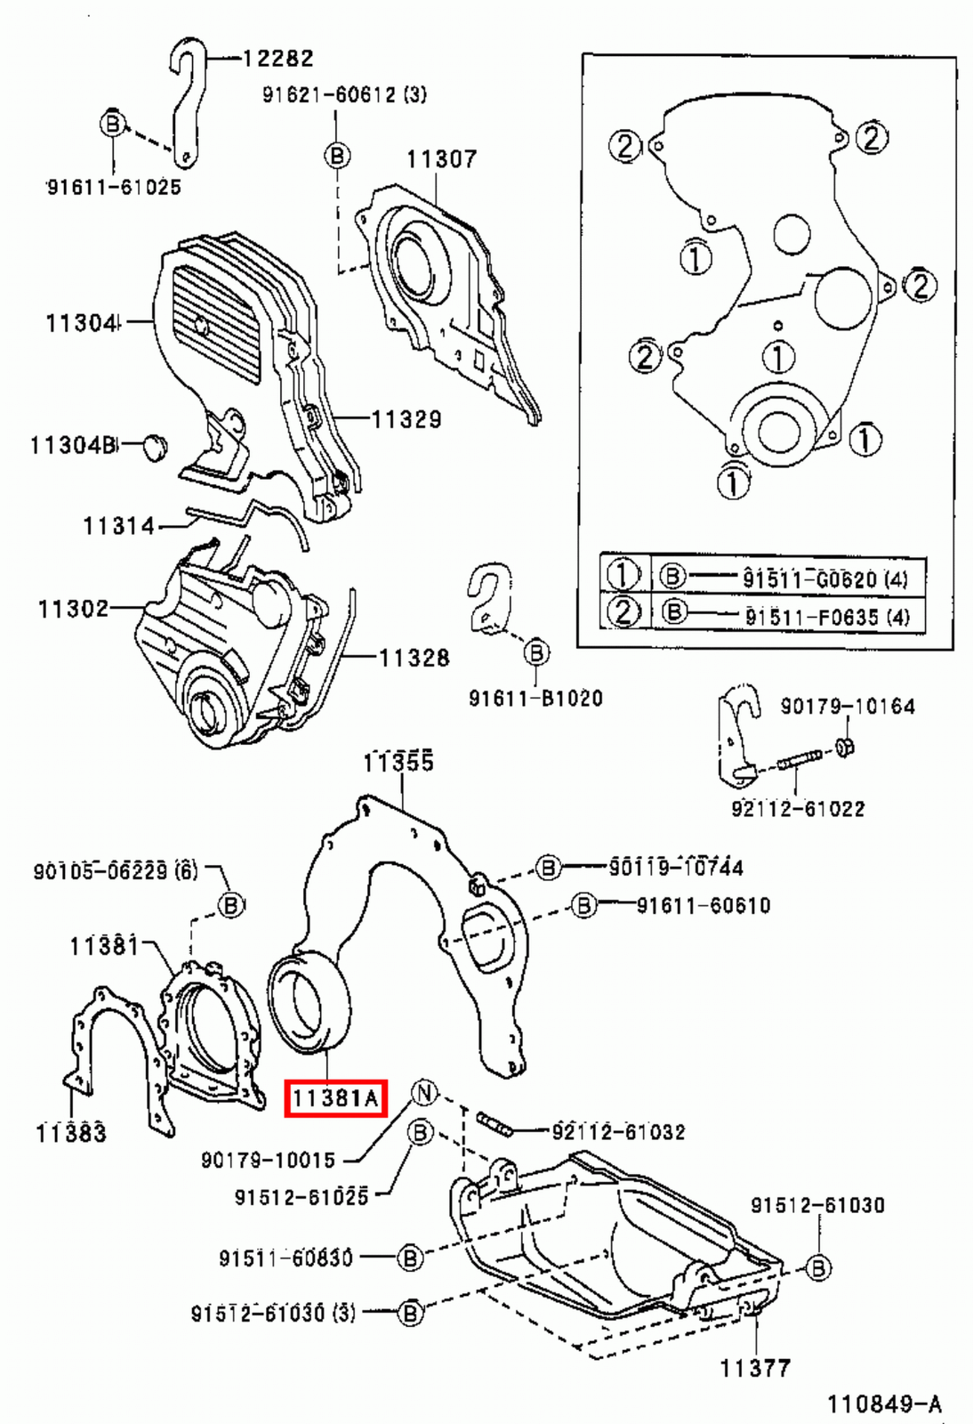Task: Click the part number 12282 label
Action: click(x=277, y=59)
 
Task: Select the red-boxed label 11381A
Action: click(x=335, y=1098)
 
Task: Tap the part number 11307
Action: click(x=441, y=159)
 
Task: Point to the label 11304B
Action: click(x=73, y=444)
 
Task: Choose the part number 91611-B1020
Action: click(x=535, y=699)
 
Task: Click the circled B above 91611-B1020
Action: click(x=535, y=653)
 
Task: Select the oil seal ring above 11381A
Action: click(x=309, y=1004)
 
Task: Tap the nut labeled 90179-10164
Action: click(x=846, y=747)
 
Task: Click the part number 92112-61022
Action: click(x=798, y=808)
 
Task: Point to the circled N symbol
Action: click(x=424, y=1092)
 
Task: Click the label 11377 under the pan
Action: click(x=755, y=1368)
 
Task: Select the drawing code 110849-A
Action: click(x=884, y=1404)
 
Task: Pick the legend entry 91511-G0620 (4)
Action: click(x=824, y=579)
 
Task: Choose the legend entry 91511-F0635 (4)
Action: click(x=826, y=616)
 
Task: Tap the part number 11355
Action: click(x=398, y=763)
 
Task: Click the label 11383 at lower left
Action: click(x=71, y=1133)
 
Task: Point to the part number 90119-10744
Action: click(x=676, y=867)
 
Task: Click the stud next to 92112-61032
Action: click(x=495, y=1124)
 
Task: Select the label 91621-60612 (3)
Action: click(x=343, y=94)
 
